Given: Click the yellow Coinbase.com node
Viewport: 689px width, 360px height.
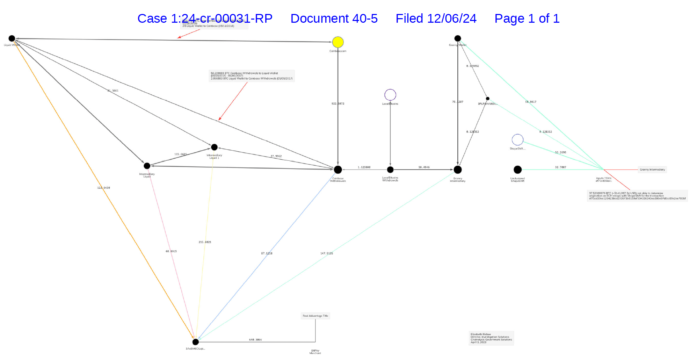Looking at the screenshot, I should tap(338, 42).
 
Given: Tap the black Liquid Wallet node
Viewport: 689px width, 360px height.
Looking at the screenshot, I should tap(12, 38).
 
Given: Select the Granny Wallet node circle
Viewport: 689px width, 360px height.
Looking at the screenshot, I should tap(457, 38).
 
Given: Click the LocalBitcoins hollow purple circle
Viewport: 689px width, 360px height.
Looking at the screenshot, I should tap(390, 95).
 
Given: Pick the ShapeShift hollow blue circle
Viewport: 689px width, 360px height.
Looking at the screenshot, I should tap(517, 140).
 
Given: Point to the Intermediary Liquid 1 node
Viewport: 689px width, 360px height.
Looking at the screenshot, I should tap(214, 147).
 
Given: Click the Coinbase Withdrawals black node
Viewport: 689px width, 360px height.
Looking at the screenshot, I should tap(338, 170).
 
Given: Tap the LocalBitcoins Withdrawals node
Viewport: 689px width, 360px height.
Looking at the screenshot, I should tap(390, 170).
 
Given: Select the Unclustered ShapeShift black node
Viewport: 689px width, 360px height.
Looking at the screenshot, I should tap(517, 170).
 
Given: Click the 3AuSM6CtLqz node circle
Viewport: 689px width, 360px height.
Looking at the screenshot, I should tap(195, 341).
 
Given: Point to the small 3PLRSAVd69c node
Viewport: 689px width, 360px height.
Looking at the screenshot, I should tap(487, 99).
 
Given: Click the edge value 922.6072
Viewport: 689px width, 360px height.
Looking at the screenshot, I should tap(338, 104).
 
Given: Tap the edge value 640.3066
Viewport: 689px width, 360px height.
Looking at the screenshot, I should tap(255, 340).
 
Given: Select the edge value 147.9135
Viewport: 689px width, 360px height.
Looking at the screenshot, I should tap(326, 253).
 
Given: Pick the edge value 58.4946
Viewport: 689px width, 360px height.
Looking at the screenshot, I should tap(424, 167).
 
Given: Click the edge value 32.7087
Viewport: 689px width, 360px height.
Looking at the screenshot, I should tap(560, 167).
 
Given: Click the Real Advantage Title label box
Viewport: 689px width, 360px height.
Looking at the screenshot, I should tap(315, 316).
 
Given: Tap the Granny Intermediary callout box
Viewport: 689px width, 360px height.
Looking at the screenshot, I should tap(652, 170).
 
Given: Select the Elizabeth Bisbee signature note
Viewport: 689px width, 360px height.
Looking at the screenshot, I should tap(491, 338).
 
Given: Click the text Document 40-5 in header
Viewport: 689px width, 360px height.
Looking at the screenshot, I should tap(334, 19).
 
